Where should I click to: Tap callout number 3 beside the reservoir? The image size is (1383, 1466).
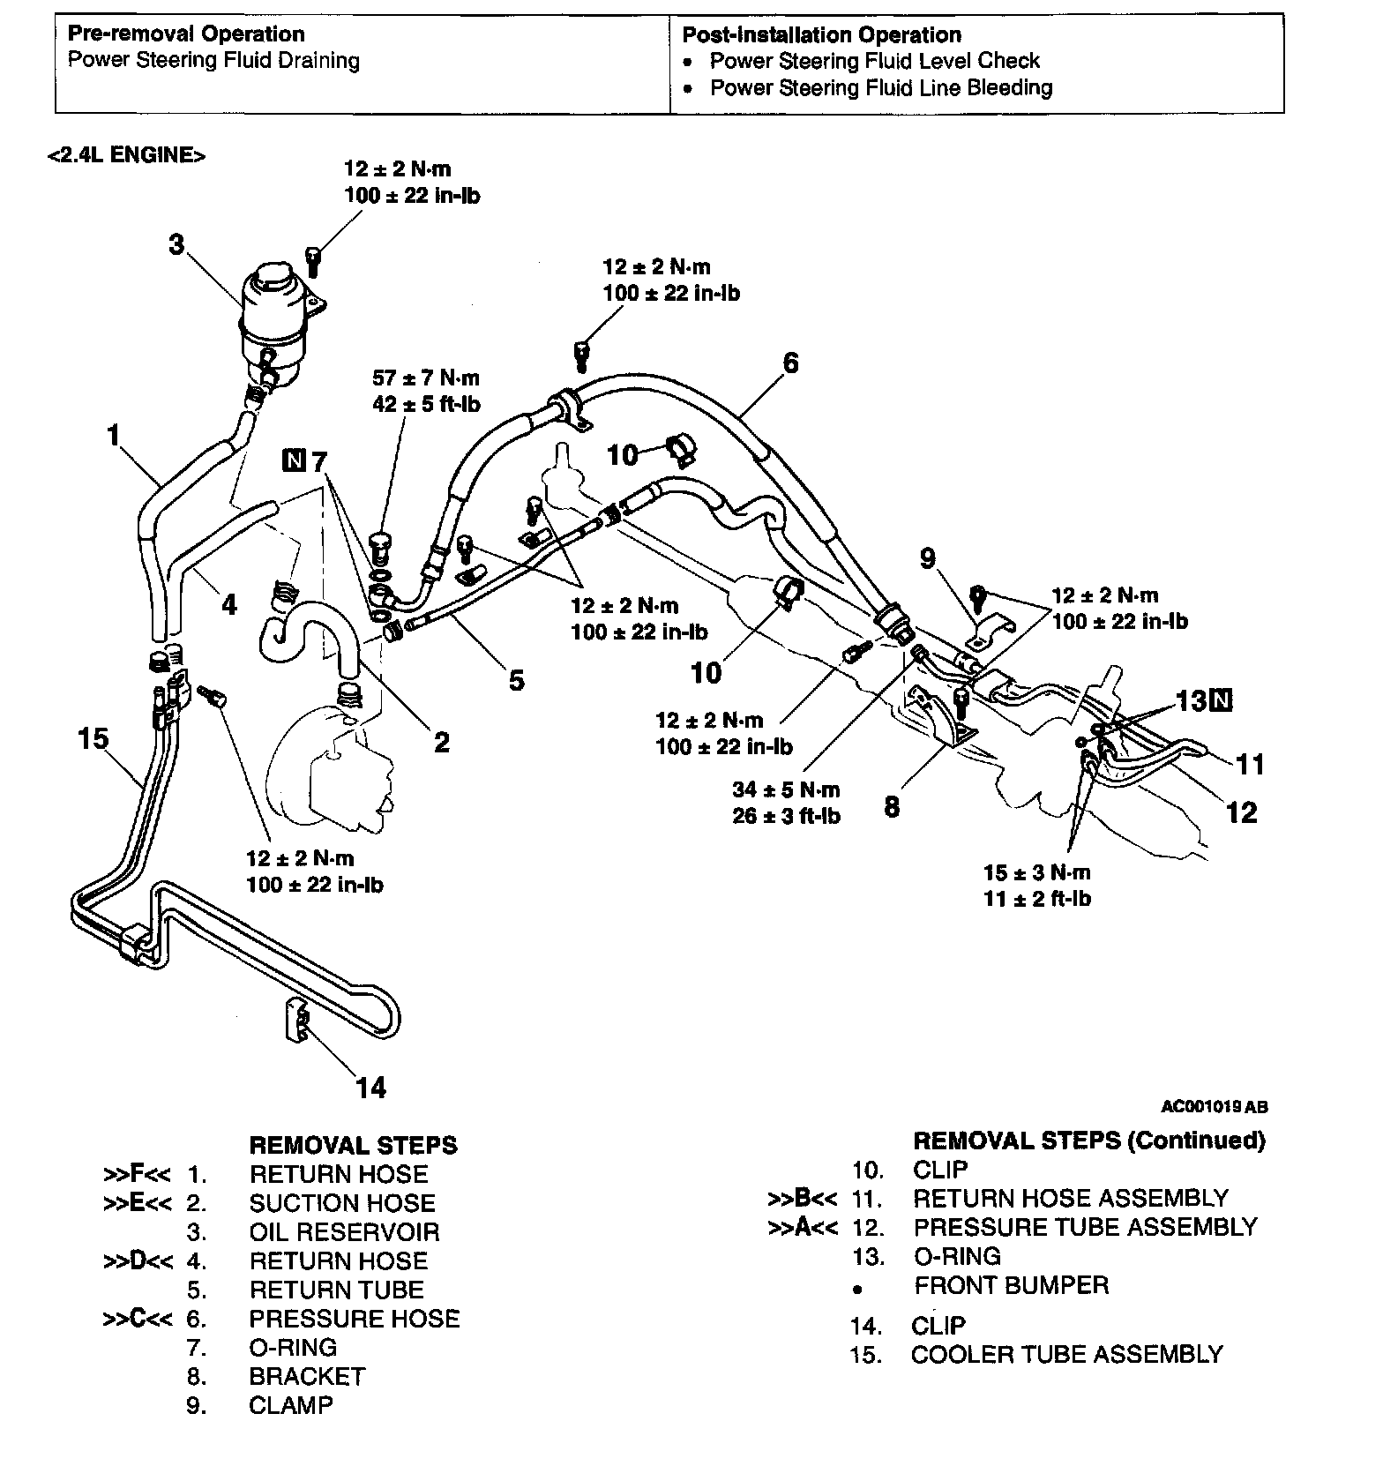[177, 243]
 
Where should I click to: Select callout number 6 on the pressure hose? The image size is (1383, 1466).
[790, 363]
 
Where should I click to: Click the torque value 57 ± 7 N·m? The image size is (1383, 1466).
[426, 378]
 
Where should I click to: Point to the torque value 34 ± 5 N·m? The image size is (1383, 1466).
[786, 789]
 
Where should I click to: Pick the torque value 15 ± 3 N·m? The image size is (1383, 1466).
[1037, 872]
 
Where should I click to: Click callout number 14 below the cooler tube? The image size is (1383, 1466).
[371, 1088]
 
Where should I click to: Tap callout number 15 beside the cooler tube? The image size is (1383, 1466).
[93, 737]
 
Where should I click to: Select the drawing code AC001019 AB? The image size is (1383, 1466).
[1215, 1106]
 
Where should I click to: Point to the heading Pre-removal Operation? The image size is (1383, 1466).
[186, 34]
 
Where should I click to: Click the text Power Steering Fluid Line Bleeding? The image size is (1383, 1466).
[881, 88]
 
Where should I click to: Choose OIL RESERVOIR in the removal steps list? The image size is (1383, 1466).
[344, 1231]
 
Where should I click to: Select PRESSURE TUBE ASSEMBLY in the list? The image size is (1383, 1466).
[1085, 1227]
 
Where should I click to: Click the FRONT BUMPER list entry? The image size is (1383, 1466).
[1011, 1285]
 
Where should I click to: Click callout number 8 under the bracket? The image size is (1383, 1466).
[892, 806]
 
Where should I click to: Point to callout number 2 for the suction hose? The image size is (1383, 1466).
[441, 742]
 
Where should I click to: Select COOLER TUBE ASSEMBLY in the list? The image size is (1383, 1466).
[1066, 1354]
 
